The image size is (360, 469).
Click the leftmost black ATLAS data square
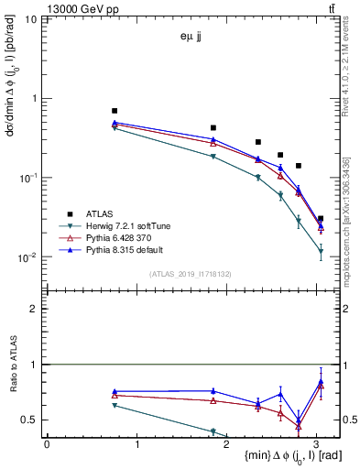[115, 111]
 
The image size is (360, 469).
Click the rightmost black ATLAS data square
[320, 219]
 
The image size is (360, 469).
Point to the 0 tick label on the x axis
[47, 444]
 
